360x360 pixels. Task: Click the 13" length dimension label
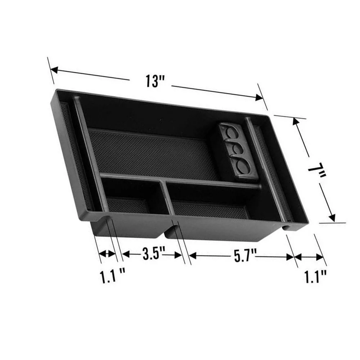152,81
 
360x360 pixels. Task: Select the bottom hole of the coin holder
243,166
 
